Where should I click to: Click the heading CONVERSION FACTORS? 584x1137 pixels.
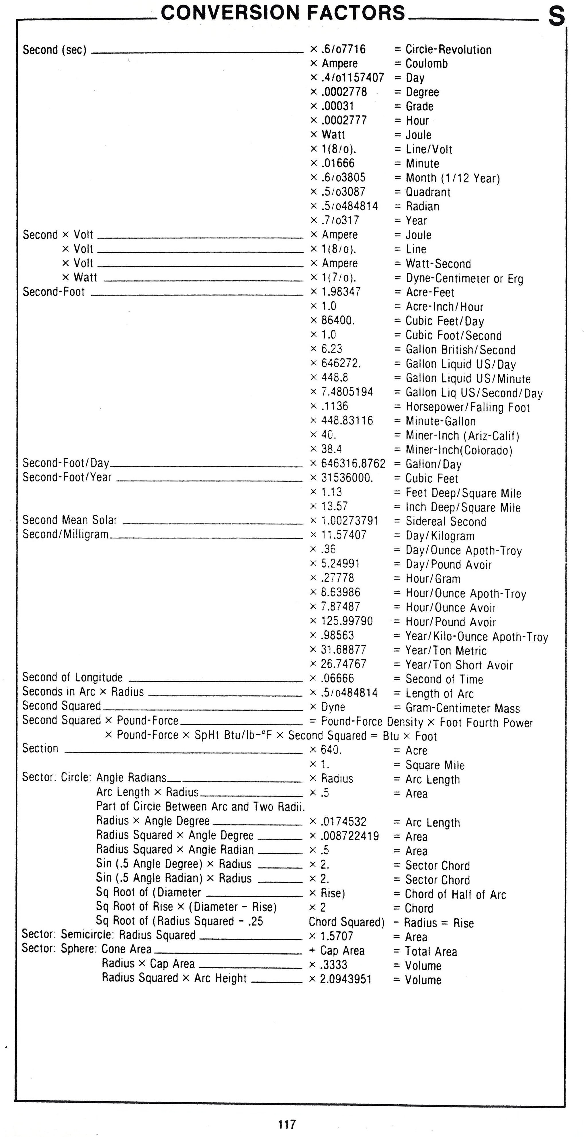click(283, 13)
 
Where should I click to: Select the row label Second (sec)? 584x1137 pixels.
click(54, 50)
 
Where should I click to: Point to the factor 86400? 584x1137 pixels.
click(338, 320)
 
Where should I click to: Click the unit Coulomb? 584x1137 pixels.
click(427, 64)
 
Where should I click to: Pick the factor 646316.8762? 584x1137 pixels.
click(353, 463)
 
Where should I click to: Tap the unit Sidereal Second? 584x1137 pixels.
click(446, 521)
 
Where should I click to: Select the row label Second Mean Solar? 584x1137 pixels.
click(70, 520)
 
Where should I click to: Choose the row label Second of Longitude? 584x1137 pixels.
click(72, 677)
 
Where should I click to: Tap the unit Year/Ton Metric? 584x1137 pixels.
click(446, 651)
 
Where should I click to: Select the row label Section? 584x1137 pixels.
click(40, 749)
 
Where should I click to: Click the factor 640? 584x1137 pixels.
click(331, 750)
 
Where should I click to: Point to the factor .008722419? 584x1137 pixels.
click(350, 836)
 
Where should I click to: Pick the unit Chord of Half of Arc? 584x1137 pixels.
click(456, 894)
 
